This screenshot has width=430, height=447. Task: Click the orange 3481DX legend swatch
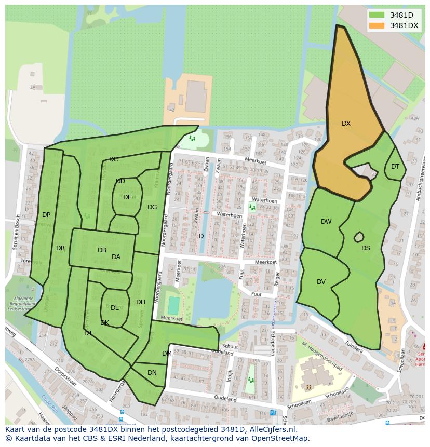pos(378,25)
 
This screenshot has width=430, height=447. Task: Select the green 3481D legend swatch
pos(378,15)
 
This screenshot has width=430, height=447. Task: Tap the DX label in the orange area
pos(346,124)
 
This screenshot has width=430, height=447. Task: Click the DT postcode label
pos(395,167)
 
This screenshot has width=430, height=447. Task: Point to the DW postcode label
pos(326,222)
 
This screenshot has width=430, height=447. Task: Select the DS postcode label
pos(366,248)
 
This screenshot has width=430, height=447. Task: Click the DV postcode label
pos(321,282)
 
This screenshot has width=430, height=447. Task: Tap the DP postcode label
pos(46,215)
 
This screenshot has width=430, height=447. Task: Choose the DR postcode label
pos(61,248)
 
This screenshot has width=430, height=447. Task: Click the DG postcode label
pos(152,207)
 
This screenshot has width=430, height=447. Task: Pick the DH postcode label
pos(141,302)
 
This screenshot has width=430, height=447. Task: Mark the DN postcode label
pos(152,373)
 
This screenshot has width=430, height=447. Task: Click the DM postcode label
pos(167,354)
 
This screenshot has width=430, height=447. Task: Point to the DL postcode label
pos(115,308)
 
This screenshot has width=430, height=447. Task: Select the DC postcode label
pos(114,159)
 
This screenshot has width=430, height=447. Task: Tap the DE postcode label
pos(127,197)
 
